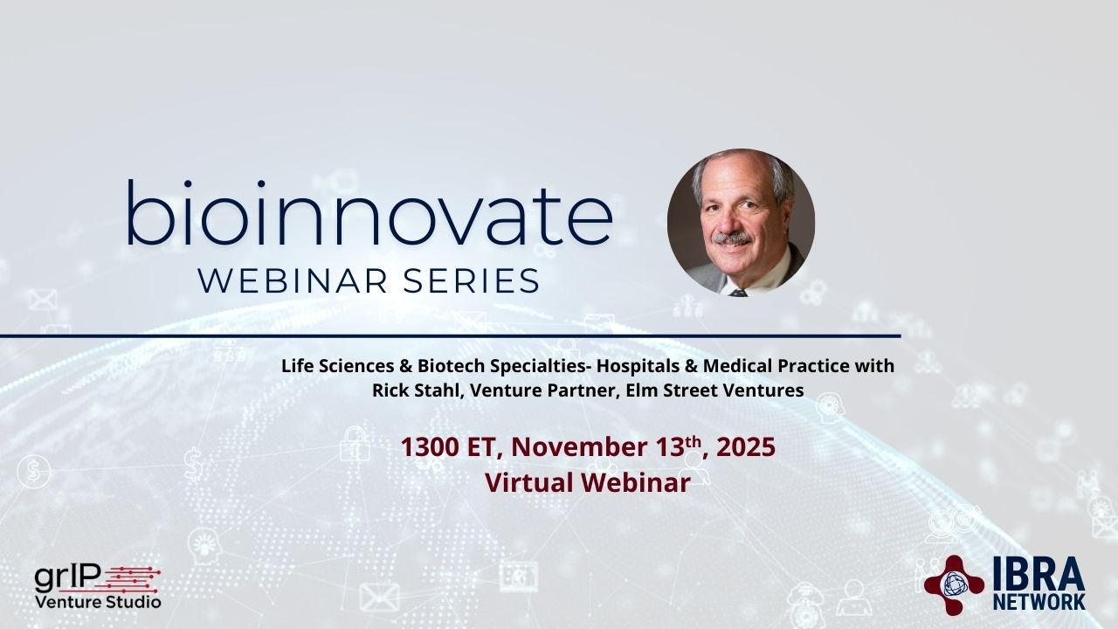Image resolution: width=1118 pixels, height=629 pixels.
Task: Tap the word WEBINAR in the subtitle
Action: pos(293,281)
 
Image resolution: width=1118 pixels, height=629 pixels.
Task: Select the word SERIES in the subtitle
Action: pos(471,281)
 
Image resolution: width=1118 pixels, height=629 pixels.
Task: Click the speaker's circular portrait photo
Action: pos(741,223)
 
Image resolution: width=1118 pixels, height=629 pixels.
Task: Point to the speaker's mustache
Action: pos(732,238)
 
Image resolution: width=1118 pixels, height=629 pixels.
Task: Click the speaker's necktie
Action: pos(738,292)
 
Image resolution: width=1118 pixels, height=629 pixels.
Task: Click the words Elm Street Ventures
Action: pos(714,390)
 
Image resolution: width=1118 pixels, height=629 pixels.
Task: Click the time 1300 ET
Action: pos(448,446)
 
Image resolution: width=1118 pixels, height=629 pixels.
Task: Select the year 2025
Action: pos(746,446)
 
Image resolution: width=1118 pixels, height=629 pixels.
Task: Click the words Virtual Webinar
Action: pos(588,483)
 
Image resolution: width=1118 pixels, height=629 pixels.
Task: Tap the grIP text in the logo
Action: pos(68,579)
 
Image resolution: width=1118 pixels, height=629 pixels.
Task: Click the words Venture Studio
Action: pos(98,602)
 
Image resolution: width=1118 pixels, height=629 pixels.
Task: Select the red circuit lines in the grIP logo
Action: pos(131,580)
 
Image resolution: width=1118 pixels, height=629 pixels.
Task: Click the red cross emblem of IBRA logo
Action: pos(954,585)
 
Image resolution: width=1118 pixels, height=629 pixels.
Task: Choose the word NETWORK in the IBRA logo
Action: pos(1039,602)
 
